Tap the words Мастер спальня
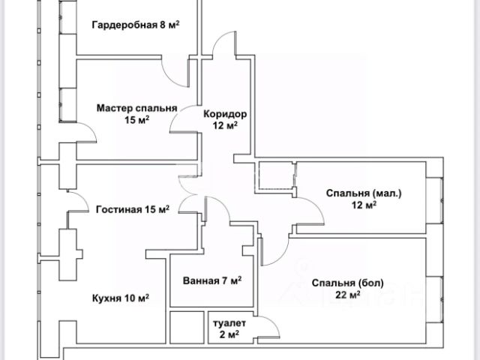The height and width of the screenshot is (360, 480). [136, 108]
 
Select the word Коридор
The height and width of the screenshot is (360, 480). [225, 114]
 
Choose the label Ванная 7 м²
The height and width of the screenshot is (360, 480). [212, 281]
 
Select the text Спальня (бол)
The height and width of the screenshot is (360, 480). [347, 283]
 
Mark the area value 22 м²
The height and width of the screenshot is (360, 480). [347, 295]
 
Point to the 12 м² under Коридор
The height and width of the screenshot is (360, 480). [225, 126]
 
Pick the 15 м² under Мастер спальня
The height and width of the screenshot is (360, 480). [136, 120]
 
